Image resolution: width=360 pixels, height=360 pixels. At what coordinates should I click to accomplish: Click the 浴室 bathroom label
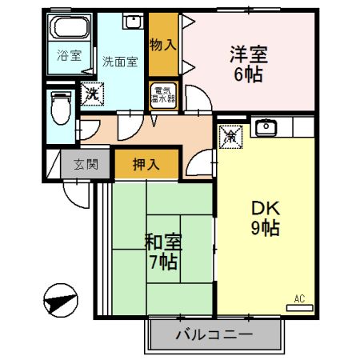(x=69, y=56)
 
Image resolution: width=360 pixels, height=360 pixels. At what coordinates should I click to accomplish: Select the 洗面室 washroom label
(x=119, y=61)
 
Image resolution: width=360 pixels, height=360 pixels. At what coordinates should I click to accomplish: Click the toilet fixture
(x=60, y=106)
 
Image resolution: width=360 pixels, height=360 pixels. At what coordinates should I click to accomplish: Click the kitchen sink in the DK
(x=266, y=126)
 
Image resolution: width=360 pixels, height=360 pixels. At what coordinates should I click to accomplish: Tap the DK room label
(x=263, y=207)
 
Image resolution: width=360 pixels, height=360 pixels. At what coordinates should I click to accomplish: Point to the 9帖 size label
(x=263, y=228)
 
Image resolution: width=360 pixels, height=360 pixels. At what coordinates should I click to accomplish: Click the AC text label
(x=299, y=298)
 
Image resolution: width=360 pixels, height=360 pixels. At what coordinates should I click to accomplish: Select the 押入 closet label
(x=146, y=166)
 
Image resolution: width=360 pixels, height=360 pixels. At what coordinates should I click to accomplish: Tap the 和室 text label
(x=161, y=240)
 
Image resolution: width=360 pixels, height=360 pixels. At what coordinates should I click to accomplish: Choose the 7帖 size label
(x=161, y=261)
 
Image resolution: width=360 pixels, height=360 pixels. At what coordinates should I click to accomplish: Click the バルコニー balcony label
(x=214, y=335)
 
